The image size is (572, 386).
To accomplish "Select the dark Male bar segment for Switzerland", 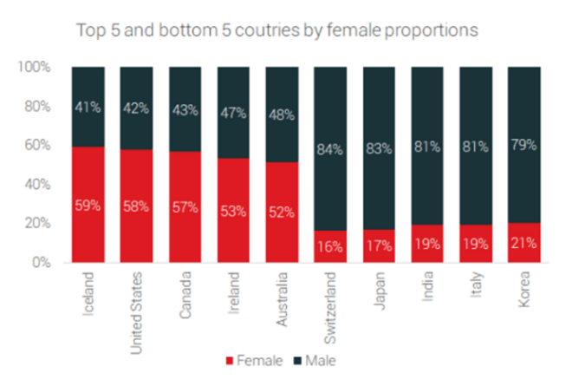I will (330, 104).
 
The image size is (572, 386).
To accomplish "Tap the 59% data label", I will (88, 206).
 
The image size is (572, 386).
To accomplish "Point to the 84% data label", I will (330, 148).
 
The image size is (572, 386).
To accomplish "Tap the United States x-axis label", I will (136, 304).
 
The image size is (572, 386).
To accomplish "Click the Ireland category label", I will (233, 291).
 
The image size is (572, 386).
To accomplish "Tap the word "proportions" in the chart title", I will (431, 30).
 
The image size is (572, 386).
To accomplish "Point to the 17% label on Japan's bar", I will (379, 246).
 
